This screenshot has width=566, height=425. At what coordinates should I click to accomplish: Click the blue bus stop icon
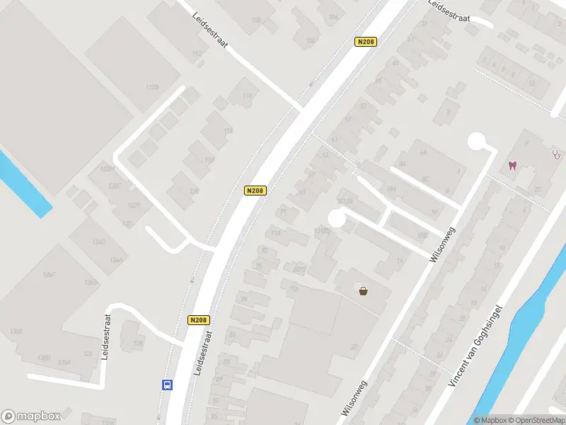pyautogui.click(x=167, y=385)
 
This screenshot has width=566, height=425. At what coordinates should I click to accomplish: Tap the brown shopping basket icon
pyautogui.click(x=364, y=290)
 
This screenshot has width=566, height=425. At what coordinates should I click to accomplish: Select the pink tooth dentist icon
pyautogui.click(x=512, y=166)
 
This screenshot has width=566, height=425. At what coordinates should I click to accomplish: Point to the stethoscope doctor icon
pyautogui.click(x=556, y=152)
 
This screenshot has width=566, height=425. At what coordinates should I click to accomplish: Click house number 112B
pyautogui.click(x=152, y=86)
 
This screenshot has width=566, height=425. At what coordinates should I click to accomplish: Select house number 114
pyautogui.click(x=247, y=96)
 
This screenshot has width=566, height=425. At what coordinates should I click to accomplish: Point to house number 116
pyautogui.click(x=209, y=161)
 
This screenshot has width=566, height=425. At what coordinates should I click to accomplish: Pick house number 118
pyautogui.click(x=228, y=131)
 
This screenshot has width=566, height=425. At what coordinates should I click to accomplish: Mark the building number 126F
pyautogui.click(x=49, y=275)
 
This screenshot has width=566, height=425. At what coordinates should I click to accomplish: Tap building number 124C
pyautogui.click(x=98, y=242)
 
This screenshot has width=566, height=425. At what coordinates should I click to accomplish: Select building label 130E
pyautogui.click(x=16, y=331)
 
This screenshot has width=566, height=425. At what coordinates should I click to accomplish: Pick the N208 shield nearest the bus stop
pyautogui.click(x=200, y=320)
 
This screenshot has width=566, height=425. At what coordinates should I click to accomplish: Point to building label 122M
pyautogui.click(x=107, y=169)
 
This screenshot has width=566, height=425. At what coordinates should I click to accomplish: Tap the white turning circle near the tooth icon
pyautogui.click(x=478, y=141)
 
